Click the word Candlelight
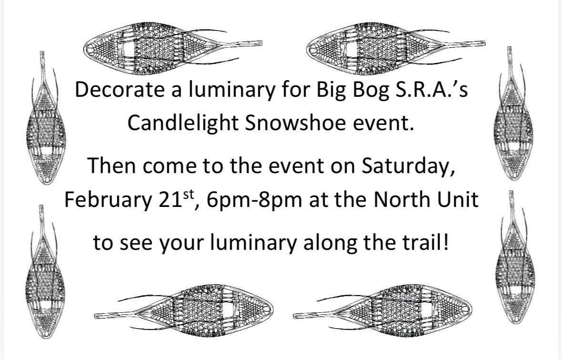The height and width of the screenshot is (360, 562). point(183,123)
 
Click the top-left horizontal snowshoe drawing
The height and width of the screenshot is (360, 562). point(173,49)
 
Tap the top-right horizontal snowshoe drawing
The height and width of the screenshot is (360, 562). point(396,49)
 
